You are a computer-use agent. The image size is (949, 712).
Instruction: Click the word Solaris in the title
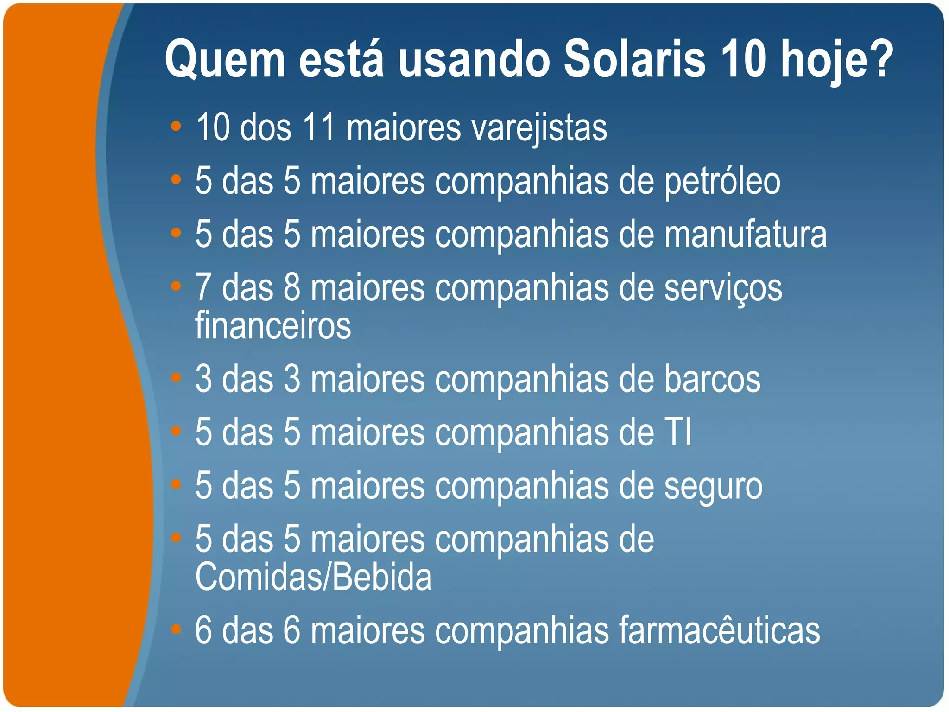tap(634, 59)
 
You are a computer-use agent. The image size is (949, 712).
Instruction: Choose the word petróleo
tap(722, 182)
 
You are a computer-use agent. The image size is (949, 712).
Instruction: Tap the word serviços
tap(723, 288)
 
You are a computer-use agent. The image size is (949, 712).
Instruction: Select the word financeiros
tap(273, 325)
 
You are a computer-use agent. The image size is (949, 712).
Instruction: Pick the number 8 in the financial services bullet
tap(292, 287)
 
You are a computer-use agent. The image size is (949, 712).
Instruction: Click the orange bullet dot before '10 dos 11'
tap(176, 126)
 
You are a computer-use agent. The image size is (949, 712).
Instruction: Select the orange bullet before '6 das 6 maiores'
tap(176, 629)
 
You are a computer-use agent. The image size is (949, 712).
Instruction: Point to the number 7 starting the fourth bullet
tap(203, 287)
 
